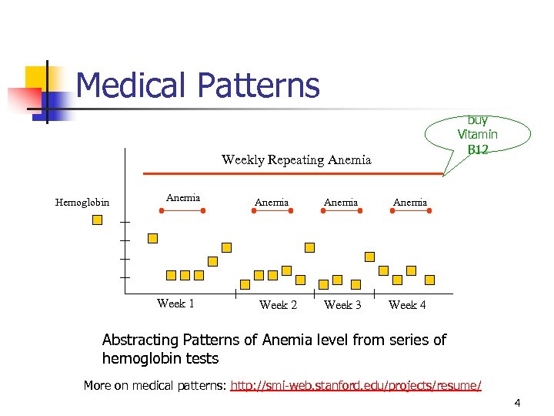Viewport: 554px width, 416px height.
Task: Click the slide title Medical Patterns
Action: (x=198, y=86)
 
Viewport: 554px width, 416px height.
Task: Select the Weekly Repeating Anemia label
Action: (x=296, y=160)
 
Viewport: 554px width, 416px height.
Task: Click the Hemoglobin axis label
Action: (x=82, y=203)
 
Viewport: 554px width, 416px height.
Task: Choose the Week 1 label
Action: (x=175, y=304)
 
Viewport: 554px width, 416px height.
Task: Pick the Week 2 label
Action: (x=279, y=305)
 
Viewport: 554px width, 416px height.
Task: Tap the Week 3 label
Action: (x=343, y=305)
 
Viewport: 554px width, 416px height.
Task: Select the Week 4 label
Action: (x=408, y=305)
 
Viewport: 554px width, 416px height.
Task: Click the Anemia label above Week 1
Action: (x=183, y=198)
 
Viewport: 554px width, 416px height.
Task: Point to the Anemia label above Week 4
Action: (x=410, y=203)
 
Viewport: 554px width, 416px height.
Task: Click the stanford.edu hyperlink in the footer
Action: (x=356, y=385)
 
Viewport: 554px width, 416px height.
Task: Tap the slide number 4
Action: (x=518, y=402)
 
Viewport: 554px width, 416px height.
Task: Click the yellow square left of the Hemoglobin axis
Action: (x=97, y=220)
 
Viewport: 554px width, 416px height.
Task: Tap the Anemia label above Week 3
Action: (x=341, y=203)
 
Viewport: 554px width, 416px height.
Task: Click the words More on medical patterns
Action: (x=155, y=385)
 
